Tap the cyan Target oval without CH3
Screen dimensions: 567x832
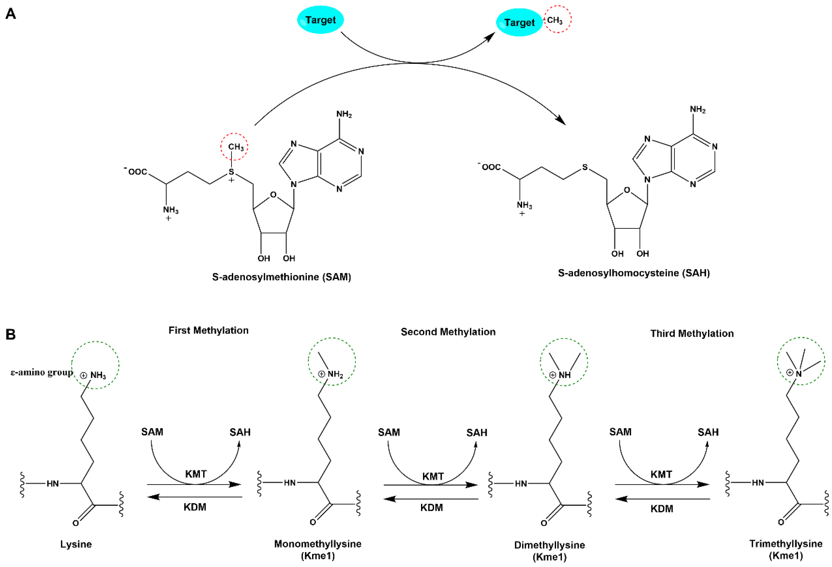[x=320, y=20]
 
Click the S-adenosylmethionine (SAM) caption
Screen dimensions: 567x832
[x=281, y=277]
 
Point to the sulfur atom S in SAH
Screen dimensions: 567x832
[x=585, y=167]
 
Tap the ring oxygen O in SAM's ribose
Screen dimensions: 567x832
[x=273, y=195]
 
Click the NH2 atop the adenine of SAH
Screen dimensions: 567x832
[x=697, y=110]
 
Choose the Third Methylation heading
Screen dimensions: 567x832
[x=692, y=334]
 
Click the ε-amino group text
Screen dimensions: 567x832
[x=42, y=372]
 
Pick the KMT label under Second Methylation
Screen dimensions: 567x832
[x=433, y=476]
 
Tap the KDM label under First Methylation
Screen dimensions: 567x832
[x=195, y=507]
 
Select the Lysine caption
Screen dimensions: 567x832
[x=76, y=544]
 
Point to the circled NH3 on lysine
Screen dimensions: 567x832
[x=98, y=375]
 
